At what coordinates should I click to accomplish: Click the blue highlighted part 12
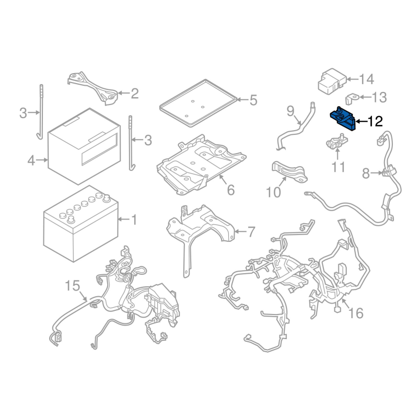coord(343,119)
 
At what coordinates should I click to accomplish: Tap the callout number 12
coord(375,122)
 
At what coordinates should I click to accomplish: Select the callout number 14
coord(367,79)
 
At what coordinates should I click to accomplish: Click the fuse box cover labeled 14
coord(332,82)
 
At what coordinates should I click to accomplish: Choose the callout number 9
coord(291,111)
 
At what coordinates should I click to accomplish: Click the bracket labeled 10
coord(289,172)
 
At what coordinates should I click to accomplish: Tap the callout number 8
coord(366,174)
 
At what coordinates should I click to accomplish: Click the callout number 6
coord(230,190)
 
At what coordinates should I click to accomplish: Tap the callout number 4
coord(31,161)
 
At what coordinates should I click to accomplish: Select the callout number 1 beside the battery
coord(134,219)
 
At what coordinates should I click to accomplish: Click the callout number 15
coord(73,285)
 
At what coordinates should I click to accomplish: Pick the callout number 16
coord(356,313)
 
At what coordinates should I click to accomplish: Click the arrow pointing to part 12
coord(361,122)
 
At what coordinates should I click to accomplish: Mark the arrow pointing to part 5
coord(242,100)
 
